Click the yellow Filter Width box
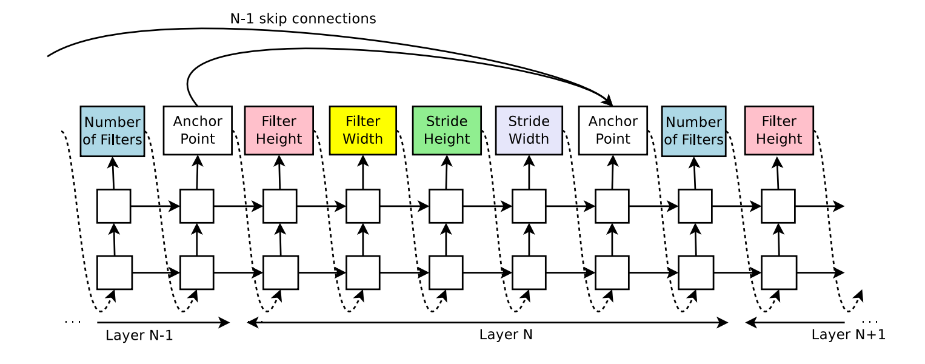tap(362, 130)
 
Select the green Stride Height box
tap(447, 130)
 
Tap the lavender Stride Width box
tap(529, 130)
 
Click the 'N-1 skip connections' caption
tap(303, 19)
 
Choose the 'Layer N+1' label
tap(848, 334)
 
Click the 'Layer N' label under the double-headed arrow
tap(506, 334)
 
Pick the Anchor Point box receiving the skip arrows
tap(613, 130)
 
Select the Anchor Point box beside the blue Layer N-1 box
tap(198, 130)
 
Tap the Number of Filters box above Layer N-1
tap(113, 131)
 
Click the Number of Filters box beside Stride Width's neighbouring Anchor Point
tap(694, 131)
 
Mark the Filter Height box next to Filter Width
tap(279, 130)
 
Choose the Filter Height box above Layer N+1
tap(779, 130)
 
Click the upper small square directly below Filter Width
tap(362, 206)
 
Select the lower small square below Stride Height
tap(447, 272)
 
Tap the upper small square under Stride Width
tap(529, 206)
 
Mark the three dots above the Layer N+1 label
tap(870, 322)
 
